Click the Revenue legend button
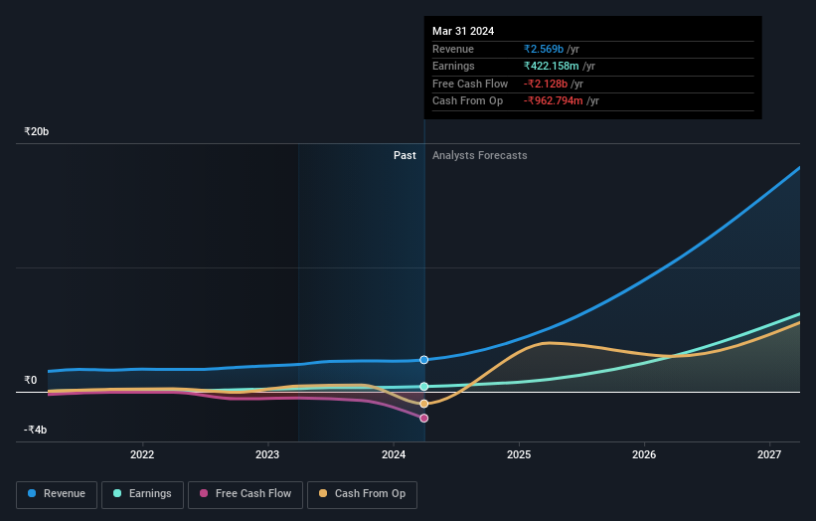tap(57, 493)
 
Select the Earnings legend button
tap(142, 493)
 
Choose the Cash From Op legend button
tap(362, 493)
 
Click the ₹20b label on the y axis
tap(37, 131)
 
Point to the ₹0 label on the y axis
tap(31, 380)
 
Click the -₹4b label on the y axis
tap(36, 430)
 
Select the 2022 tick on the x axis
tap(142, 455)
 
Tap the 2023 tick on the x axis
tap(267, 455)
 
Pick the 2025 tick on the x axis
tap(518, 455)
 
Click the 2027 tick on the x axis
tap(768, 455)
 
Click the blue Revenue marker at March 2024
tap(424, 360)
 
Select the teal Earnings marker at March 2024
tap(424, 387)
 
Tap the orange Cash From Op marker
tap(424, 404)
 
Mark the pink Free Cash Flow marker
tap(424, 418)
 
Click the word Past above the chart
tap(405, 155)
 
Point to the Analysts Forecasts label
tap(479, 155)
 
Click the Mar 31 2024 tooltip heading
tap(463, 31)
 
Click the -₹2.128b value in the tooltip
tap(549, 84)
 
